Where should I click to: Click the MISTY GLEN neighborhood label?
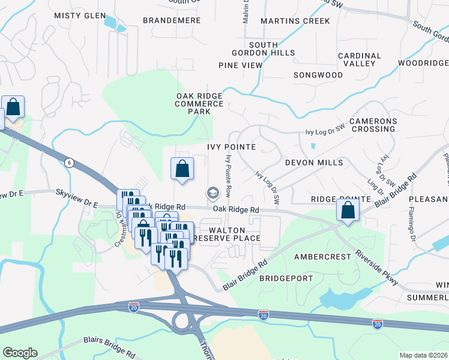[x=80, y=16]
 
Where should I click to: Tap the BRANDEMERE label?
[x=171, y=20]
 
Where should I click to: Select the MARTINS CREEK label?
[x=295, y=21]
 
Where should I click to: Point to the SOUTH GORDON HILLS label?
[x=272, y=49]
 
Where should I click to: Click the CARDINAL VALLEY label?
[x=360, y=59]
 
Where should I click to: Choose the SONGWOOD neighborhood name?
[x=318, y=75]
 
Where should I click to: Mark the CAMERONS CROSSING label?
[x=373, y=125]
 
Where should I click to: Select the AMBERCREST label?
[x=322, y=256]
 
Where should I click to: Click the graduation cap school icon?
[x=212, y=193]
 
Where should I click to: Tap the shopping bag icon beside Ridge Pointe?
[x=348, y=211]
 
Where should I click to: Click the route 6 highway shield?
[x=70, y=163]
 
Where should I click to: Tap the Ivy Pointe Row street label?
[x=228, y=176]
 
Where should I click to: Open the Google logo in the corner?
[x=20, y=353]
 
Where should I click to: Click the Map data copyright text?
[x=423, y=355]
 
